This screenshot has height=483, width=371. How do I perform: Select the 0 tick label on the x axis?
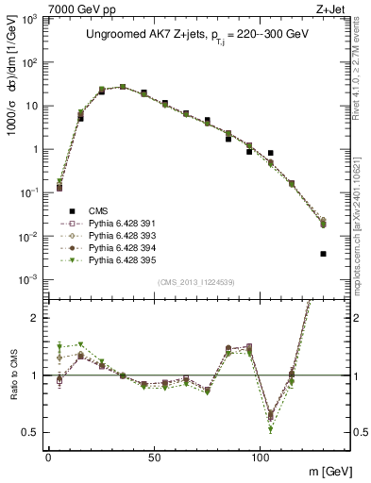click(48, 456)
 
